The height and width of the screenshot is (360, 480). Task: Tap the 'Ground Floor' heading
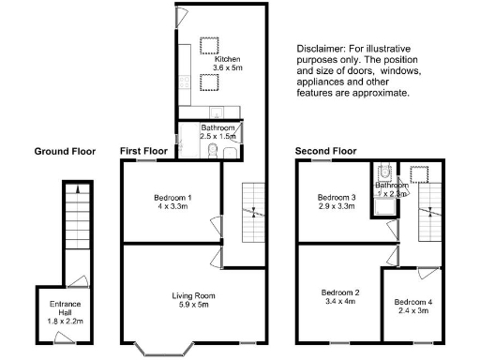click(65, 151)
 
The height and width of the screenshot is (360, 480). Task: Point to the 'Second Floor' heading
click(325, 151)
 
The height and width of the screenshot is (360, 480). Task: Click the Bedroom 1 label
click(172, 198)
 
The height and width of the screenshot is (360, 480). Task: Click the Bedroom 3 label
click(336, 198)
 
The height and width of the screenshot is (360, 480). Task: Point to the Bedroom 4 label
click(413, 302)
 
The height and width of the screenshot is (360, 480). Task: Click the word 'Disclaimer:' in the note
click(319, 49)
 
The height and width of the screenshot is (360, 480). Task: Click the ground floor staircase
click(73, 225)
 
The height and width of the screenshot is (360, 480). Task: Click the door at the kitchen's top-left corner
click(182, 18)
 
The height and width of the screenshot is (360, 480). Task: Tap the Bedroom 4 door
click(428, 271)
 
